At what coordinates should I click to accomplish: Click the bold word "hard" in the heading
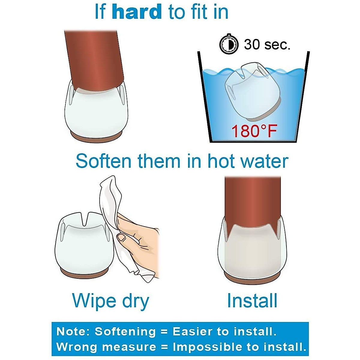[x=136, y=12]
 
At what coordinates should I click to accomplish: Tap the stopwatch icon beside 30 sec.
[x=229, y=44]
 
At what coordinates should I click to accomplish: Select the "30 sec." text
[x=267, y=45]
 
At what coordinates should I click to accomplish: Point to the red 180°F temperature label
[x=254, y=131]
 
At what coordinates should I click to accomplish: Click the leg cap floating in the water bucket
[x=252, y=90]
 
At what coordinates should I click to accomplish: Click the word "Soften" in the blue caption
[x=104, y=161]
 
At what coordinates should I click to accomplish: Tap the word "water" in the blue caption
[x=264, y=161]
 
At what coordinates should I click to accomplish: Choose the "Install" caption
[x=252, y=301]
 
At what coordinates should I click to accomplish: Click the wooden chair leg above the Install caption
[x=253, y=201]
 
